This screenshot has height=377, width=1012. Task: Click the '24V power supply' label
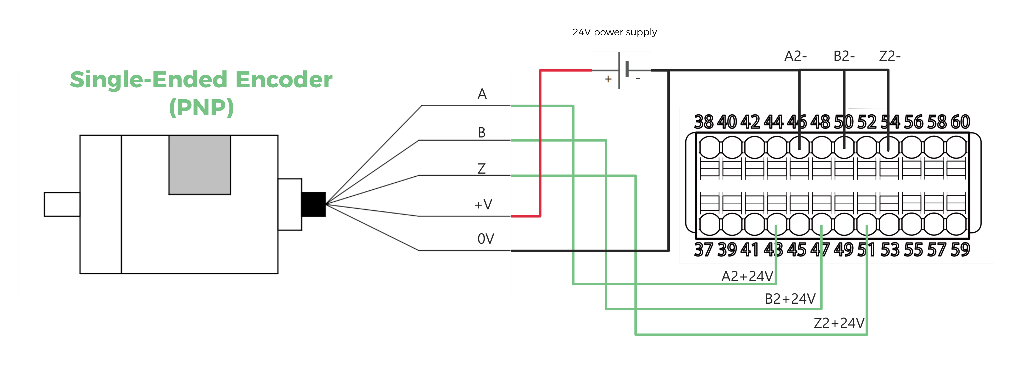coord(614,32)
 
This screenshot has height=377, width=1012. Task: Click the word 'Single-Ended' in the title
coord(149,80)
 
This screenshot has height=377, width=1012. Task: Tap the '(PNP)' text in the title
coord(201,107)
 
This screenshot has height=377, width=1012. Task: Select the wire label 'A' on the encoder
coord(482,94)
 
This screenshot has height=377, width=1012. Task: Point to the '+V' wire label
coord(483,204)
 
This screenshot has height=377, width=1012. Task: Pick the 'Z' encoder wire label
coord(482,169)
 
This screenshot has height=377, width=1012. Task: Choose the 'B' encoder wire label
coord(482,133)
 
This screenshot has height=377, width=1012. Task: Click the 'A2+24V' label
coord(747,276)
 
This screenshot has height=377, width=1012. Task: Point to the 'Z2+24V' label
coord(839,323)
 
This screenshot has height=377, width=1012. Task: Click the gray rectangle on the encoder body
coord(199,165)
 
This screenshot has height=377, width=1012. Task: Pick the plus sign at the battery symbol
coord(608,79)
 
